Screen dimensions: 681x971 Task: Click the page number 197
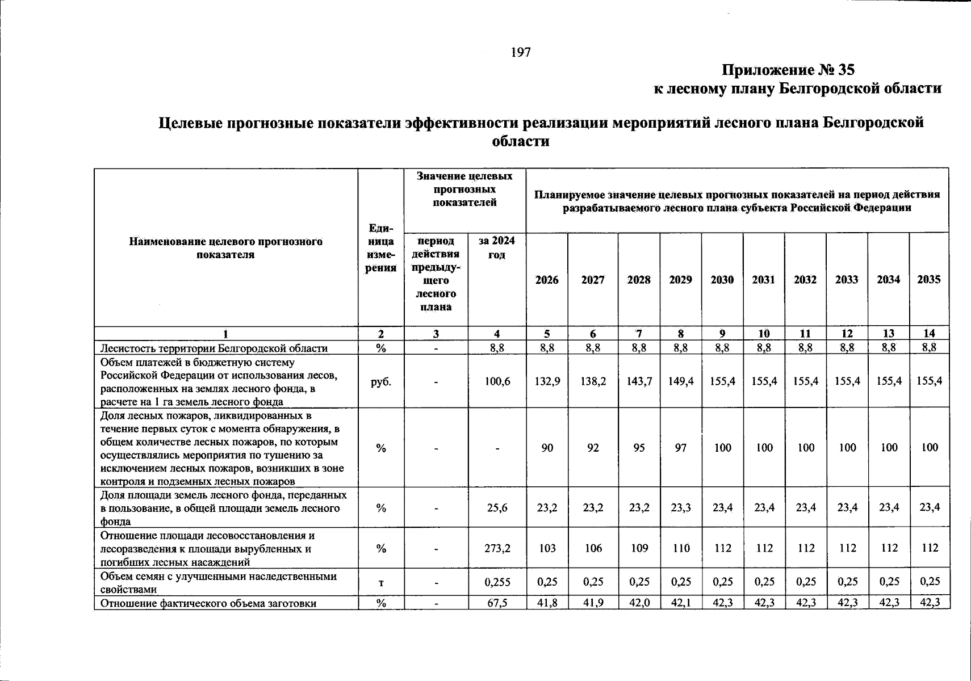[x=521, y=53]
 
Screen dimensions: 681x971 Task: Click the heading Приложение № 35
[x=788, y=70]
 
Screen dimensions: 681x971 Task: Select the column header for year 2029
[x=680, y=280]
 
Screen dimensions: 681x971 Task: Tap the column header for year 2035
[x=928, y=279]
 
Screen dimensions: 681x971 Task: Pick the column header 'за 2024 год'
[x=496, y=247]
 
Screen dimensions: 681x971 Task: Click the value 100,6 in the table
[x=497, y=381]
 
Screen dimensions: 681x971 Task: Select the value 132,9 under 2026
[x=547, y=381]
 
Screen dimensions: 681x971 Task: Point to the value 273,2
[x=497, y=548]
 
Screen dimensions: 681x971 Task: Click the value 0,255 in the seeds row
[x=497, y=582]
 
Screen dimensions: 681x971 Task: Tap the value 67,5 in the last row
[x=497, y=603]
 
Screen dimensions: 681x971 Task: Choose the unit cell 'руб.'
[x=380, y=381]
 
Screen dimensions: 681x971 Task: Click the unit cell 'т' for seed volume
[x=380, y=582]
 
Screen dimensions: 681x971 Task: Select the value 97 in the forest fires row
[x=680, y=448]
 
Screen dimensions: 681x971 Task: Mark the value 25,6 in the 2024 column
[x=497, y=507]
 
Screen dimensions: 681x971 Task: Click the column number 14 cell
[x=929, y=334]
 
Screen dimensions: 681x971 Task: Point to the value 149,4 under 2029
[x=680, y=381]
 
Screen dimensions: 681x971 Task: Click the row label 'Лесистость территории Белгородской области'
[x=214, y=348]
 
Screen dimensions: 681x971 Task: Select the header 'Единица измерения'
[x=380, y=248]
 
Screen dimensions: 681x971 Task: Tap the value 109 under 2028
[x=639, y=548]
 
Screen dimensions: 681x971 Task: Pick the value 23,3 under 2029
[x=680, y=507]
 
